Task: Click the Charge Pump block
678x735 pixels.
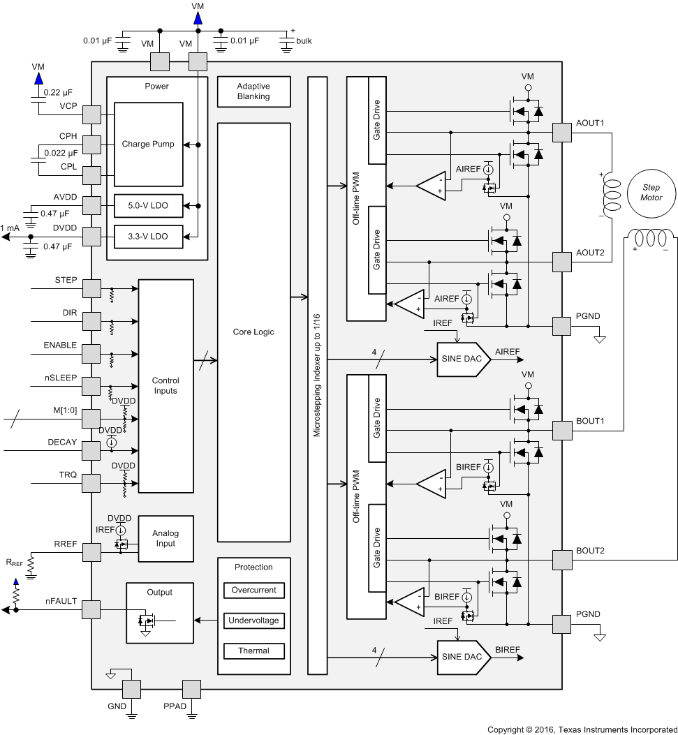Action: [x=149, y=144]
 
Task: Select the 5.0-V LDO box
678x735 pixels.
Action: [x=149, y=205]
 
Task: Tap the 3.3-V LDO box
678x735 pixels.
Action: [x=149, y=237]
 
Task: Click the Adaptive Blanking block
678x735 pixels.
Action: [x=253, y=91]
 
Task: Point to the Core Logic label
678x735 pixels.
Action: [x=253, y=332]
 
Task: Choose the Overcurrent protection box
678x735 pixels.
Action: [x=253, y=591]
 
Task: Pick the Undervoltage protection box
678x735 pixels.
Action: [x=253, y=621]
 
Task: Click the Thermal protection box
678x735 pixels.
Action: [x=253, y=651]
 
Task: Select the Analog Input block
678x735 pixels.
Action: [x=165, y=539]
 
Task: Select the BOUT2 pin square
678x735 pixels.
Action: [x=562, y=560]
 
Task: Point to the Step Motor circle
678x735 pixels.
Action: [x=650, y=193]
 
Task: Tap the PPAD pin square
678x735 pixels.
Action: [x=191, y=689]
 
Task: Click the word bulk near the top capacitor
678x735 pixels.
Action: [x=304, y=41]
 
